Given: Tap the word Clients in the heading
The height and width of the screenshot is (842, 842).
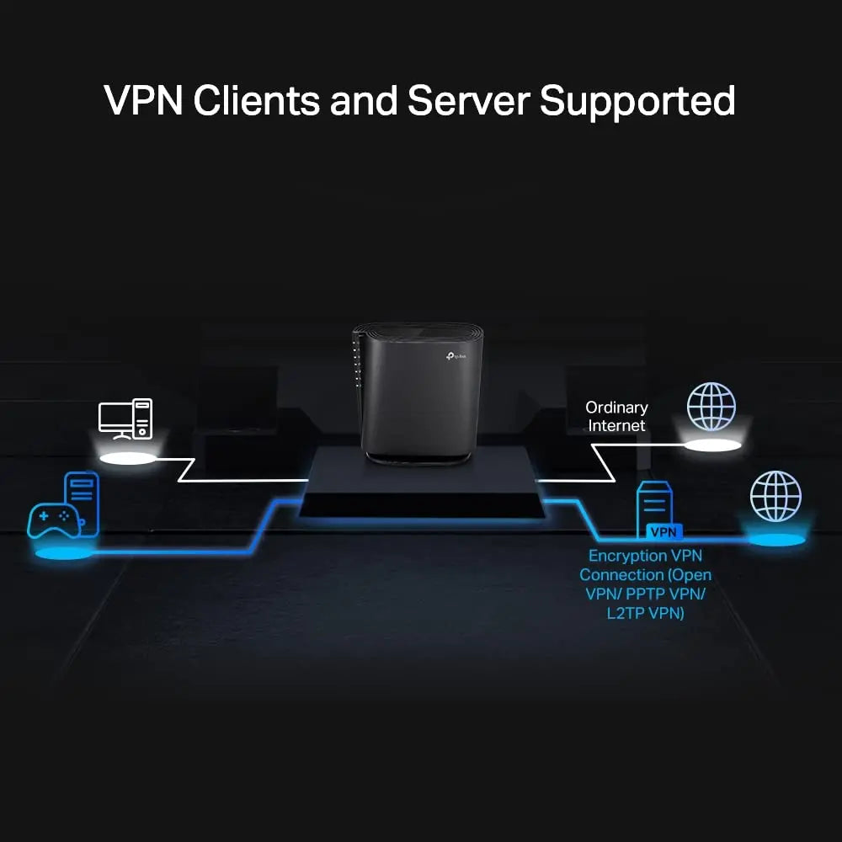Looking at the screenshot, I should [x=257, y=101].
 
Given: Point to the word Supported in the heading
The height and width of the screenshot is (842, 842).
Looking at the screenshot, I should [x=637, y=101].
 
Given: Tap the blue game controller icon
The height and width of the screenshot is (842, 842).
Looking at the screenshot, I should [x=54, y=520].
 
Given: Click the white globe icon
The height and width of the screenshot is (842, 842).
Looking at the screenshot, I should [x=711, y=407].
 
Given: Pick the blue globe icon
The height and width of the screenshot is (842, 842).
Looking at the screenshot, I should [x=775, y=496].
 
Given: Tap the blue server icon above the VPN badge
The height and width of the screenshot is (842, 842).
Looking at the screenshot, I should [x=654, y=506].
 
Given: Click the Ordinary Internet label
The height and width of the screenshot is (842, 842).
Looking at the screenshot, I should [x=616, y=417].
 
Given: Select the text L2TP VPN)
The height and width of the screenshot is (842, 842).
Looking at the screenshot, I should [x=645, y=613].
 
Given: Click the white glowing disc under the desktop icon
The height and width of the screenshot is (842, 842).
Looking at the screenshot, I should [x=128, y=459].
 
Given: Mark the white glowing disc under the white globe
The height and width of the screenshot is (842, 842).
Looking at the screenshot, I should [x=711, y=445].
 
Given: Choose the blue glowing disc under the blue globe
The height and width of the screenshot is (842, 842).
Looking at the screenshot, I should [x=775, y=539].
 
